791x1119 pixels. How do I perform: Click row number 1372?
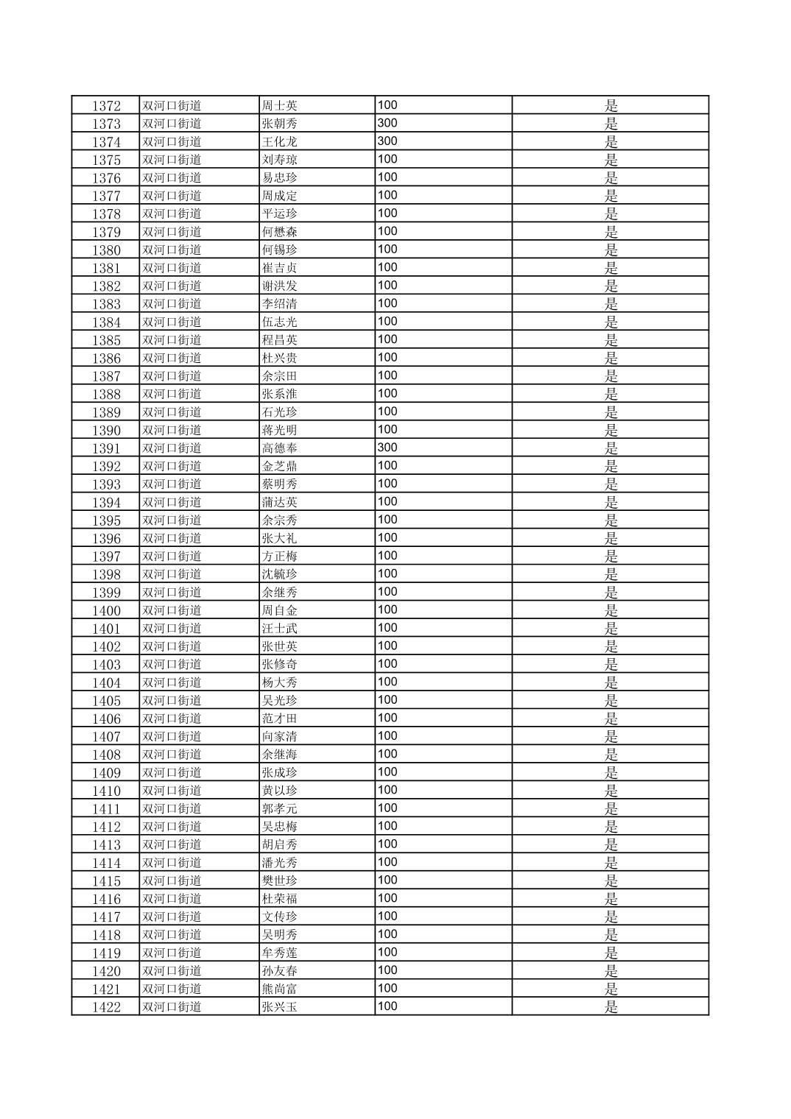tap(106, 106)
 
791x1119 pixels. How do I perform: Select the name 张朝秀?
tap(280, 124)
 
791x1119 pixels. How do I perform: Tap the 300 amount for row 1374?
tap(387, 141)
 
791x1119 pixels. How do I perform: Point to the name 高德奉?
tap(280, 448)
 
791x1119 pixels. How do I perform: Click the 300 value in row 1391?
tap(387, 448)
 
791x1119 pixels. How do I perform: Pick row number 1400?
tap(106, 611)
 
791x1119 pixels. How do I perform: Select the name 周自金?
tap(280, 610)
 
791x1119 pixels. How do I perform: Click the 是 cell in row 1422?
tap(611, 1007)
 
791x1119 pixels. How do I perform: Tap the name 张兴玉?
tap(280, 1007)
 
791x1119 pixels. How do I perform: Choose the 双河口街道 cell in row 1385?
tap(172, 340)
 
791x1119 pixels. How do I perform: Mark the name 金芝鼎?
tap(280, 466)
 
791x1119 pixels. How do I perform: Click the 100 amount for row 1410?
tap(387, 790)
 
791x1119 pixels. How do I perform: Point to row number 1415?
tap(106, 881)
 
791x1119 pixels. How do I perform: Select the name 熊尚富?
tap(280, 989)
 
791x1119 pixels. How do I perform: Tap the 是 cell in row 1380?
tap(611, 250)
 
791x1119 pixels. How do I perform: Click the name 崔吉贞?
tap(280, 268)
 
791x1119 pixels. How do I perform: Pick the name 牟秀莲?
tap(280, 953)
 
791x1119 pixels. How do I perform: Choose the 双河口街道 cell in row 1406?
tap(172, 719)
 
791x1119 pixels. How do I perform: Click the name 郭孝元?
tap(280, 808)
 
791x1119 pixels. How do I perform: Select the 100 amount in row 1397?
tap(387, 556)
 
